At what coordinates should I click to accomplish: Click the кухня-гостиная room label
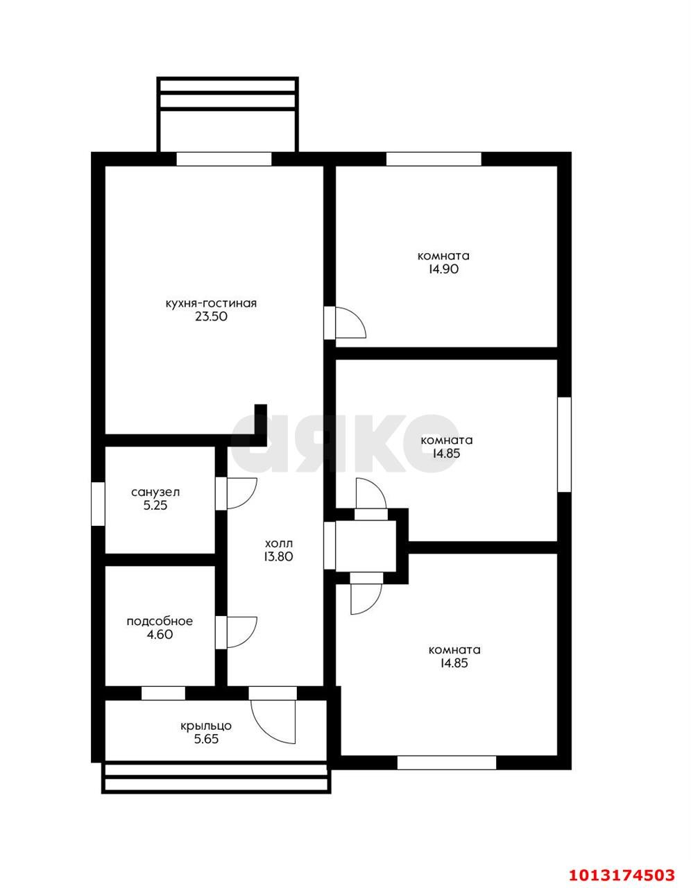[211, 304]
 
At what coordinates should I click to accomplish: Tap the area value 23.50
[211, 317]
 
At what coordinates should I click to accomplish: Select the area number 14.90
[443, 269]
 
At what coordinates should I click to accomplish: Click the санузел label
[155, 493]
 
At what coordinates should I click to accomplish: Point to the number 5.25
[155, 506]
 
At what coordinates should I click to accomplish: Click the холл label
[279, 543]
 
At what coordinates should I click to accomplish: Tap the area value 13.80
[279, 556]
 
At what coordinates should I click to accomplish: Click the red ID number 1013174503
[622, 871]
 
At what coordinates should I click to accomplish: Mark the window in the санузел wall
[98, 504]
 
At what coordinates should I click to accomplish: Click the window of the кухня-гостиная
[224, 159]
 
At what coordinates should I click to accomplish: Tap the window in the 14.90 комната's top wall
[434, 159]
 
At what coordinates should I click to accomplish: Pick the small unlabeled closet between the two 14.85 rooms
[366, 546]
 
